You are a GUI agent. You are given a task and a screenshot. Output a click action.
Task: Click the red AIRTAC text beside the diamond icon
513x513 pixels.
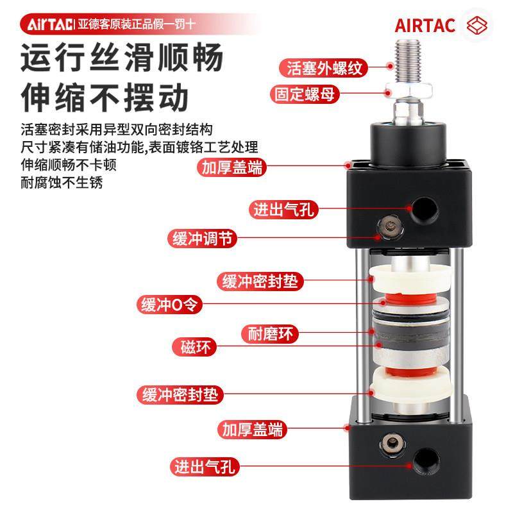(x=425, y=26)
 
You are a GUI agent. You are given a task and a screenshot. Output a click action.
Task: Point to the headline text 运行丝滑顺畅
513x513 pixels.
(x=122, y=59)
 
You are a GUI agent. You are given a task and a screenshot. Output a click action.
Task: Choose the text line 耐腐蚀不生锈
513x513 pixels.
(x=62, y=182)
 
